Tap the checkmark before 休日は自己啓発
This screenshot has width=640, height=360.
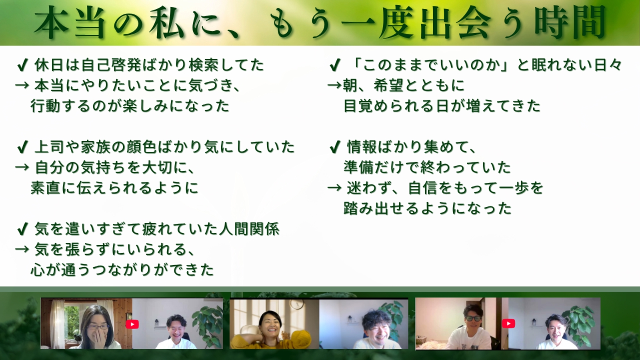22,65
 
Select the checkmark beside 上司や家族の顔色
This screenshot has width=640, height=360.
22,147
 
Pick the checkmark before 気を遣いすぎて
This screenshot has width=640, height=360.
22,229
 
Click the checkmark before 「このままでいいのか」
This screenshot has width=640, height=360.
335,65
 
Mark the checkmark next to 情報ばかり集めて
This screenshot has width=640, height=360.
335,147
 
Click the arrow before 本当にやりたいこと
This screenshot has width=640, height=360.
22,85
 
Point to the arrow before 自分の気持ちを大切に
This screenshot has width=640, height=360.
22,168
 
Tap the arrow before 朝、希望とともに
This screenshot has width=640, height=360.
334,85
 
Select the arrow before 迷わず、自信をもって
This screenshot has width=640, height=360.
334,188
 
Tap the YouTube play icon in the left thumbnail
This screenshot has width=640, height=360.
132,324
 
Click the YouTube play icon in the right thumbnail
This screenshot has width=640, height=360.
508,323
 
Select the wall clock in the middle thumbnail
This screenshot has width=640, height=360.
296,304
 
